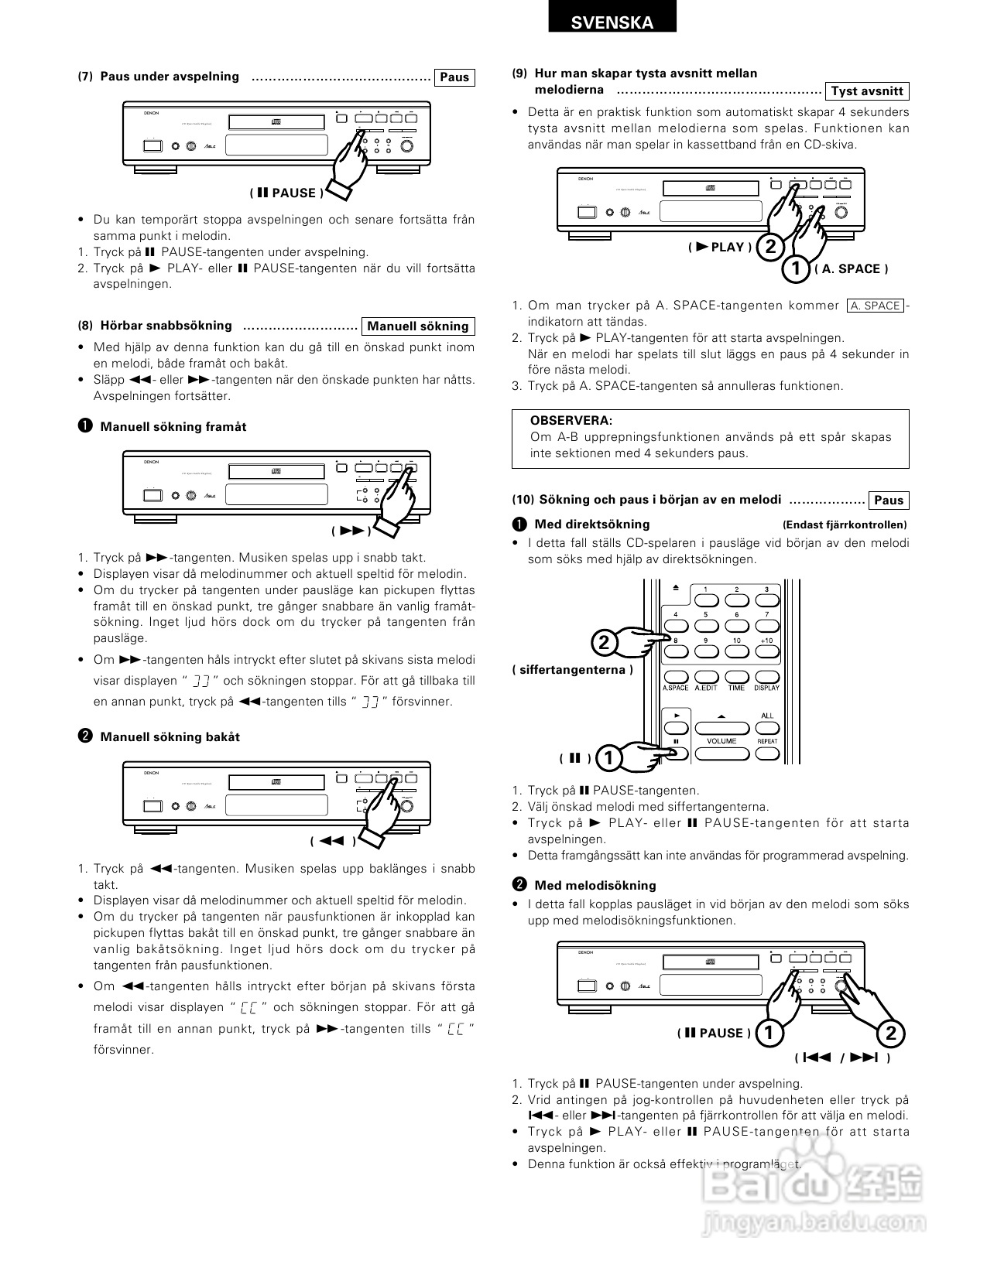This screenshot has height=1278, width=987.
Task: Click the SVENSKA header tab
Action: coord(612,22)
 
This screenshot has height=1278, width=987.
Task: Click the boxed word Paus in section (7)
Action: coord(454,77)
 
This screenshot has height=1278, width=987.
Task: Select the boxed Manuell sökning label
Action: coord(417,326)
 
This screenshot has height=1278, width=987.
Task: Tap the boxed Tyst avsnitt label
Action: coord(866,91)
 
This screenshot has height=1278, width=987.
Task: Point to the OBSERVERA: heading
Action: coord(571,421)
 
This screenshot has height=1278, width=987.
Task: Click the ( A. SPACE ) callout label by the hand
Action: coord(850,269)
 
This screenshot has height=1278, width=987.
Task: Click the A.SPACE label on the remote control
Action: coord(675,688)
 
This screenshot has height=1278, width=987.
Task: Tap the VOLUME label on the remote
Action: coord(721,741)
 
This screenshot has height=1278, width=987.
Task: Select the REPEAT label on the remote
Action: coord(767,741)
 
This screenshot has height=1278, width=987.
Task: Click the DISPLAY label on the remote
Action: coord(766,688)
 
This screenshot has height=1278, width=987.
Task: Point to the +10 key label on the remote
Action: coord(766,641)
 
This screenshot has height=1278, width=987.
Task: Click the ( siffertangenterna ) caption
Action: coord(572,670)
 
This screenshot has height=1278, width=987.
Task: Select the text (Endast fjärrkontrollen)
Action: coord(845,525)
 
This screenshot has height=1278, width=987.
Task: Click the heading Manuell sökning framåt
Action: coord(173,427)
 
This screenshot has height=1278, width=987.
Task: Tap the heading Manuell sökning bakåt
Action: coord(170,737)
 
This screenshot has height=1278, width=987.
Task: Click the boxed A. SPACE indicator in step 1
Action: coord(875,306)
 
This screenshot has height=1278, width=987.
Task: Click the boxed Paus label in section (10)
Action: coord(888,501)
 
